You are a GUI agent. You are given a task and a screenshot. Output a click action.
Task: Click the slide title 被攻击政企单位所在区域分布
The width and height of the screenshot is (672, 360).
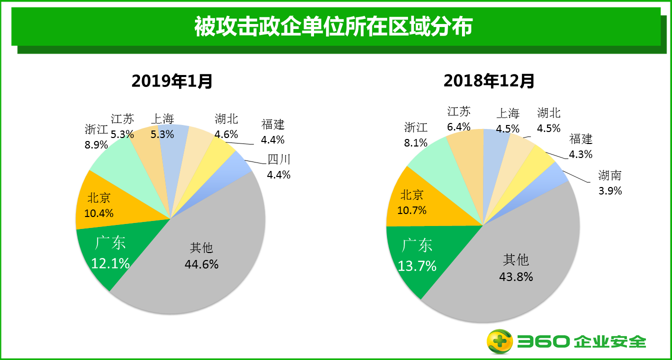click(x=333, y=27)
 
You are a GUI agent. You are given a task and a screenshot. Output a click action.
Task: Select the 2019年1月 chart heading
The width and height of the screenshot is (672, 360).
click(x=172, y=81)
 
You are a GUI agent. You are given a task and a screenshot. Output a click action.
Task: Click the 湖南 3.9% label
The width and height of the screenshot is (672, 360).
click(x=610, y=182)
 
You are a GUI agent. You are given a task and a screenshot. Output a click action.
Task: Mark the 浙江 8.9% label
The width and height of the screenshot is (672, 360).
click(x=96, y=137)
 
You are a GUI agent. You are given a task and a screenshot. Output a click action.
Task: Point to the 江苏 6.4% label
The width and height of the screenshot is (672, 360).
click(x=459, y=119)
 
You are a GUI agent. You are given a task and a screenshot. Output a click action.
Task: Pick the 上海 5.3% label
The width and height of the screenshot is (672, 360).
click(x=162, y=126)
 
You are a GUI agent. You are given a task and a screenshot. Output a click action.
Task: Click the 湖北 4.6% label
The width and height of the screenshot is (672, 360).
click(x=226, y=126)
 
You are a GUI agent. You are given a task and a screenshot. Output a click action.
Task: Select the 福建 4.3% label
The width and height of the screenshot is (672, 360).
click(x=580, y=146)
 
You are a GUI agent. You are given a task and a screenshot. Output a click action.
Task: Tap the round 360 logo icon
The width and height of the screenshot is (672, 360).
click(x=500, y=341)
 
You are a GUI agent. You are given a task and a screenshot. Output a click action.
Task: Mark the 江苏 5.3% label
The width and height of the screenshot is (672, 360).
click(x=122, y=126)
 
